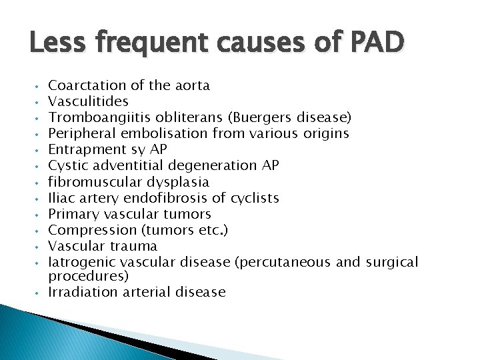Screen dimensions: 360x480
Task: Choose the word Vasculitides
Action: coord(89,101)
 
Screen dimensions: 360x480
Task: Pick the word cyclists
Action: coord(254,198)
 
